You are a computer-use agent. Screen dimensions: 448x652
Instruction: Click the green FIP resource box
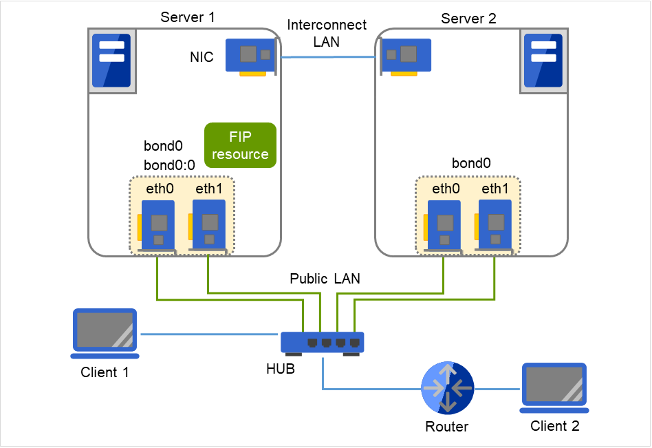coord(240,146)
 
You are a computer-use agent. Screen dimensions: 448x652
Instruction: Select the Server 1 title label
coord(187,17)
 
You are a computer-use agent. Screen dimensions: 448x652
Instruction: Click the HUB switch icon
coord(322,343)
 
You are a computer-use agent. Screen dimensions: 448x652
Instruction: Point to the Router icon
coord(447,388)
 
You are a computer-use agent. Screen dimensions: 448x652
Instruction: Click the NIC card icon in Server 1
coord(252,56)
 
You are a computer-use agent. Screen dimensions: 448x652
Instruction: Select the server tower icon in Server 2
coord(543,60)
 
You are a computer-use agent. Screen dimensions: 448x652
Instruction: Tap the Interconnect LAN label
coord(318,33)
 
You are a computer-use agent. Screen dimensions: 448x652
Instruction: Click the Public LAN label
coord(325,279)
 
